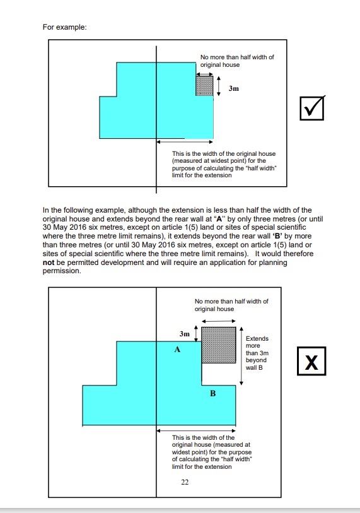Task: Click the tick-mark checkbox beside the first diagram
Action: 312,108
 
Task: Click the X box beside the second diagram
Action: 311,361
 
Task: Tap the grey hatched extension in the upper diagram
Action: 204,86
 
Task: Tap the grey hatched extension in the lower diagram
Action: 218,345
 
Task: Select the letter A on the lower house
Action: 177,350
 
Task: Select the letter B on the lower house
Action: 213,393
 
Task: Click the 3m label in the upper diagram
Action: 234,88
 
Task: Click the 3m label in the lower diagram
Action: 185,334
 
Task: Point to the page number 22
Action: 185,482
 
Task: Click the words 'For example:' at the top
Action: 65,27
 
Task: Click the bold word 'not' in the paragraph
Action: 49,262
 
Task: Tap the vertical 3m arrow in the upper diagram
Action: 219,86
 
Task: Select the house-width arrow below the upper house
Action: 185,142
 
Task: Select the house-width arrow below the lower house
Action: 196,430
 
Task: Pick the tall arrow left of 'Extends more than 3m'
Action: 241,356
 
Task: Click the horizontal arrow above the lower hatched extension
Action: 218,321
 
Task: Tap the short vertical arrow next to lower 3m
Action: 196,333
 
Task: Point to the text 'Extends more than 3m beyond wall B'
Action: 257,353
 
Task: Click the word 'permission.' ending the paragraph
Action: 62,271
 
